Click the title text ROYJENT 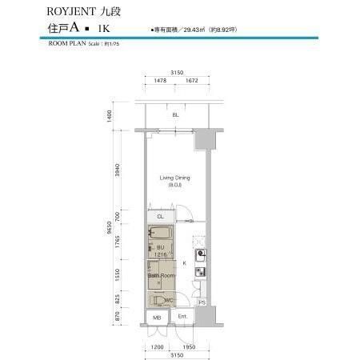click(x=70, y=12)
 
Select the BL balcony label click(x=175, y=115)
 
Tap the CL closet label click(x=160, y=216)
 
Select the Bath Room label click(x=160, y=276)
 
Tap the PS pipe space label click(x=202, y=302)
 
